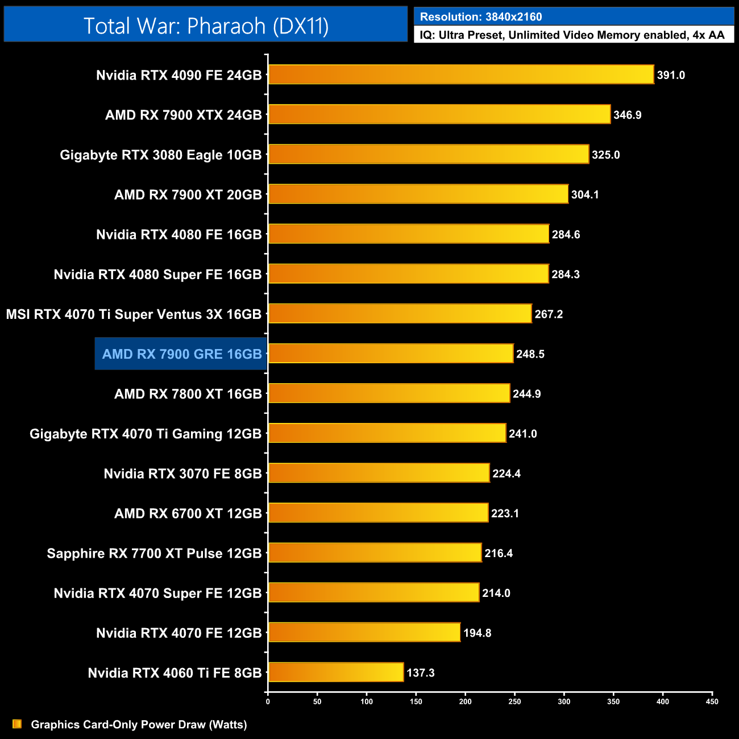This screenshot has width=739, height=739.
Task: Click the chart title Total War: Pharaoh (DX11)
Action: [206, 26]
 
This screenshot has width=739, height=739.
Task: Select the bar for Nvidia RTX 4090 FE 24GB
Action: [461, 74]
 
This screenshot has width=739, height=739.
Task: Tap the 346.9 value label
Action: [627, 115]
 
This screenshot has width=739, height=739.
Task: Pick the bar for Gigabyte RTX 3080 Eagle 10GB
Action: [429, 154]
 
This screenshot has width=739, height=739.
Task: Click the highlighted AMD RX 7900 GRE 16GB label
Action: [181, 354]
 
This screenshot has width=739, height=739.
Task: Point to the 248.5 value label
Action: [530, 354]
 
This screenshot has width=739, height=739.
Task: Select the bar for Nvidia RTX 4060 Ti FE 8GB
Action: [336, 672]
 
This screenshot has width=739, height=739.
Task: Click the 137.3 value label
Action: [420, 673]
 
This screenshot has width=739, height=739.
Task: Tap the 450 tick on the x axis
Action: [712, 701]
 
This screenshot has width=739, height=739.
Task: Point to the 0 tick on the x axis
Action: [268, 701]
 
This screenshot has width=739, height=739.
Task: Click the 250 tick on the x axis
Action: [514, 701]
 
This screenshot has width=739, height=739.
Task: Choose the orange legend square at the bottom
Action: [17, 724]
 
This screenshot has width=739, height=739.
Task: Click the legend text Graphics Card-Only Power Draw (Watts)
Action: [139, 724]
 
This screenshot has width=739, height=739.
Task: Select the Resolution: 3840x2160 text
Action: [480, 17]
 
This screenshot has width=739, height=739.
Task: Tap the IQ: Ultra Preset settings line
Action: [572, 35]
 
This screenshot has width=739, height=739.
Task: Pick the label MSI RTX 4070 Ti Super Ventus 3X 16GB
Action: [134, 314]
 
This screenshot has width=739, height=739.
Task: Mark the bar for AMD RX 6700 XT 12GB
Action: [378, 513]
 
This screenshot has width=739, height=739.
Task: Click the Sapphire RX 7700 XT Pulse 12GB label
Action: [154, 553]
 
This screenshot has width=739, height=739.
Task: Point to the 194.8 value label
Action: [477, 633]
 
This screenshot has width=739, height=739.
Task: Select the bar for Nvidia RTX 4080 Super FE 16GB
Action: [409, 274]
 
